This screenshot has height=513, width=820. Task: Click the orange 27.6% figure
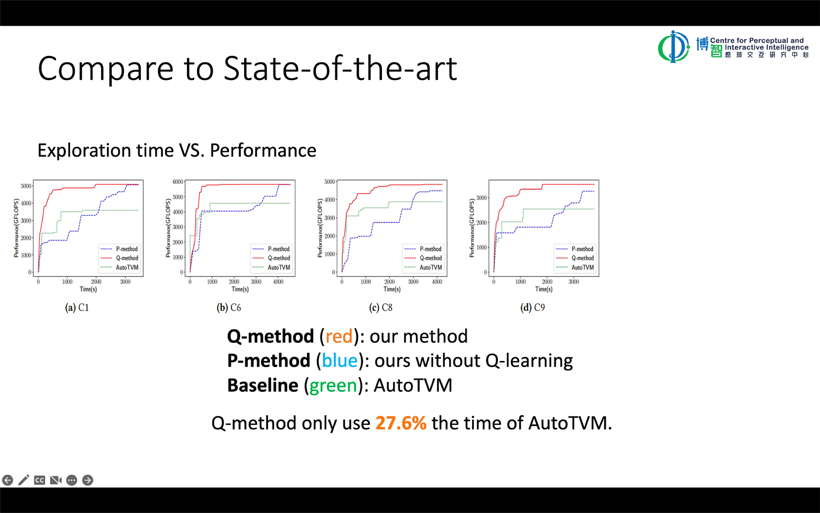pyautogui.click(x=401, y=423)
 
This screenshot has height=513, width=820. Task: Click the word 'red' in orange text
pyautogui.click(x=339, y=336)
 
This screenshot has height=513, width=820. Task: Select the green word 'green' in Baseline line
pyautogui.click(x=333, y=385)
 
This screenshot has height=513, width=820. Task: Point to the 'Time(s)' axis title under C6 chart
pyautogui.click(x=240, y=289)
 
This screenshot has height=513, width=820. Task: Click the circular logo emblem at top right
pyautogui.click(x=673, y=47)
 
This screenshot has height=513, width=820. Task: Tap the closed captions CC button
pyautogui.click(x=39, y=480)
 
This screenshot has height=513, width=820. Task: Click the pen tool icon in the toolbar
pyautogui.click(x=23, y=480)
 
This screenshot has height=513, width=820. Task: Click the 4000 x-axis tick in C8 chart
pyautogui.click(x=437, y=282)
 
